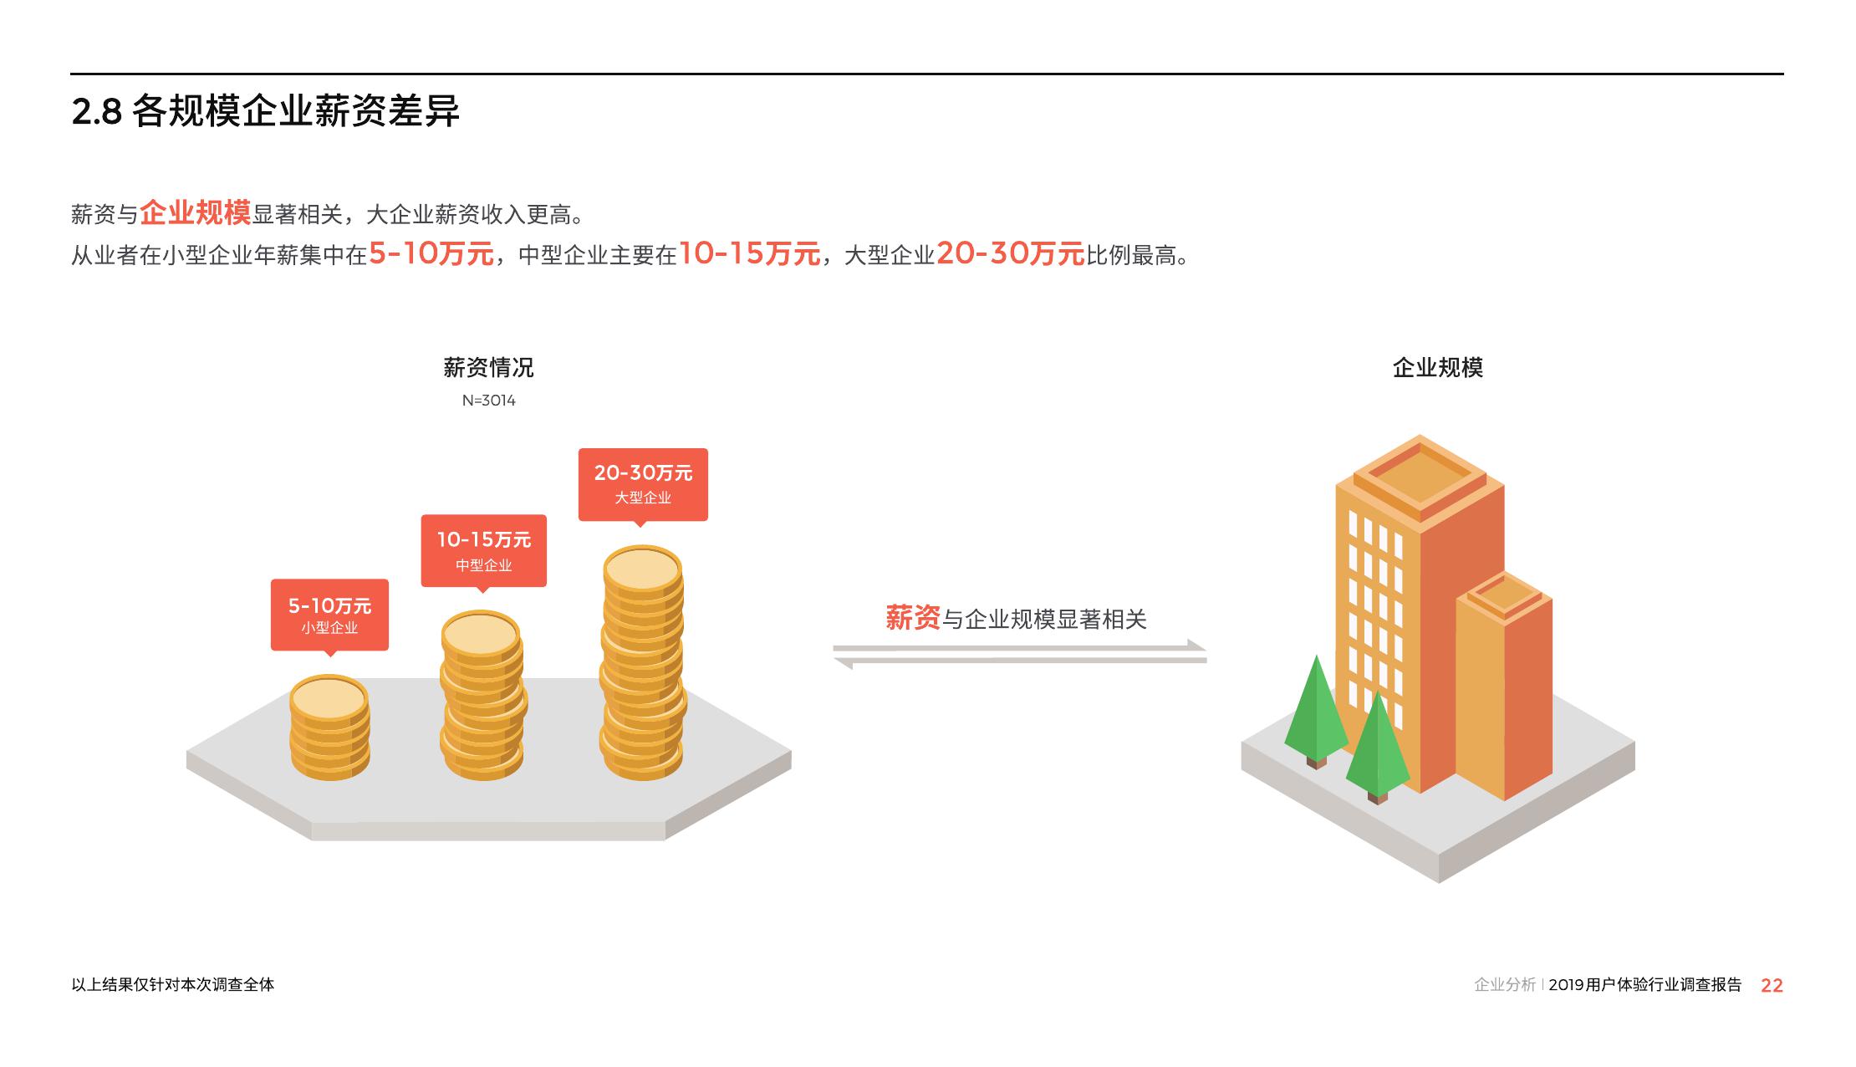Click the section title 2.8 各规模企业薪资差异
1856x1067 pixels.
click(265, 112)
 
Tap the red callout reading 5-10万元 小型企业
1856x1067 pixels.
click(329, 614)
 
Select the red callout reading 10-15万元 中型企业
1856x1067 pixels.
click(483, 550)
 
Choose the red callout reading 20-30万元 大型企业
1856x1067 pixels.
click(643, 484)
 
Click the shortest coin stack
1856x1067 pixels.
click(329, 728)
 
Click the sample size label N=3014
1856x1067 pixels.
click(489, 401)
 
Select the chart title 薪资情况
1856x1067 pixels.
click(488, 367)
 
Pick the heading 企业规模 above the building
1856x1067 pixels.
click(1438, 367)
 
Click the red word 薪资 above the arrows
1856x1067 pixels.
click(913, 618)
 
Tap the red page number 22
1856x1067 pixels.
click(1772, 985)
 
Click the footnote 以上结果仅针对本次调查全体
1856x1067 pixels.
click(173, 984)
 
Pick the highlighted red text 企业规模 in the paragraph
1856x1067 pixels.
click(196, 212)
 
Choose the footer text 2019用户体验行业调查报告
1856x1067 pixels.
click(1644, 985)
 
